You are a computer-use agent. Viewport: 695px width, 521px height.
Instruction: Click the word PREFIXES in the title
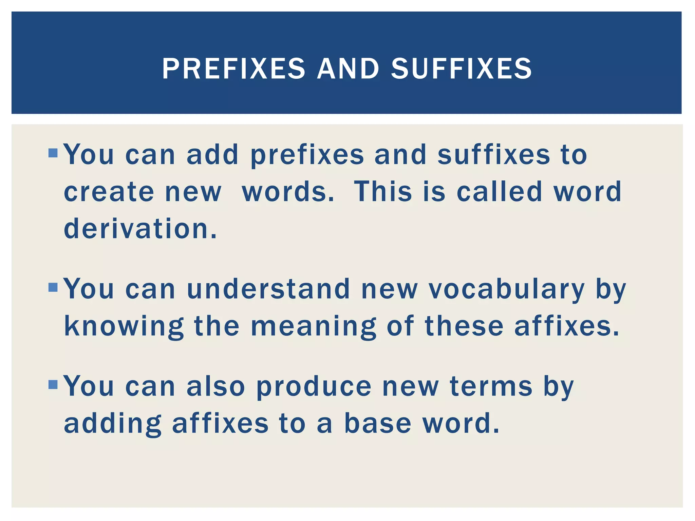(x=233, y=69)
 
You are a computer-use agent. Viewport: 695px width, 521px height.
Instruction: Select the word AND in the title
(x=348, y=69)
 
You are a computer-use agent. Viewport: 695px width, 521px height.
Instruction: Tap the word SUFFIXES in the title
(x=461, y=69)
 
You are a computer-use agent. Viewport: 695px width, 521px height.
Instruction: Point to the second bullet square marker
(x=53, y=287)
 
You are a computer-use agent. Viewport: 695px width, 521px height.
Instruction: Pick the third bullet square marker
(x=53, y=385)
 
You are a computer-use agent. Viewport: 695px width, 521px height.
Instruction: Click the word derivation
(x=140, y=229)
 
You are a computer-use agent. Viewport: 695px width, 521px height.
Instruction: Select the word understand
(x=268, y=289)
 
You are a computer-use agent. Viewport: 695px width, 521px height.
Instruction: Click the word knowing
(x=124, y=326)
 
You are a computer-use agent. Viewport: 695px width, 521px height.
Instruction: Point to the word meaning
(x=314, y=326)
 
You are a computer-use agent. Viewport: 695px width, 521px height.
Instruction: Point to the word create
(x=109, y=192)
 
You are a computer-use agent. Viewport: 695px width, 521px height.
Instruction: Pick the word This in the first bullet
(x=382, y=192)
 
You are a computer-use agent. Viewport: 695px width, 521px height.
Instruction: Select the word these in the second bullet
(x=464, y=326)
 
